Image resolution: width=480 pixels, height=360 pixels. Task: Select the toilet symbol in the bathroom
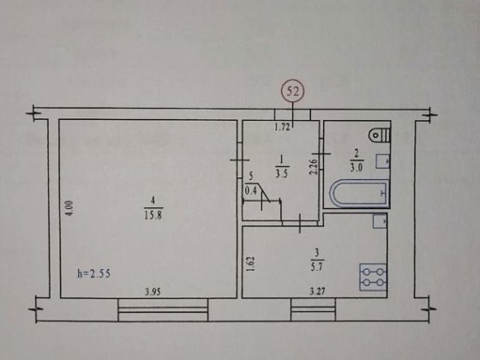(x=377, y=135)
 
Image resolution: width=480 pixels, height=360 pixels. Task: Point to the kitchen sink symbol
(x=379, y=221)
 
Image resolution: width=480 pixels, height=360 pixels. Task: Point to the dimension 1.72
(x=282, y=129)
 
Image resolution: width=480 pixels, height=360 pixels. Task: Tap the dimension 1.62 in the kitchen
(x=249, y=260)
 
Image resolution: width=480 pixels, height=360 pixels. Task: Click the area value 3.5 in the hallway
(x=280, y=170)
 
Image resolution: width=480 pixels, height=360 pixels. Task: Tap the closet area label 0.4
(x=251, y=192)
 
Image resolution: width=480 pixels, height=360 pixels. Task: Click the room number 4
(x=147, y=202)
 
